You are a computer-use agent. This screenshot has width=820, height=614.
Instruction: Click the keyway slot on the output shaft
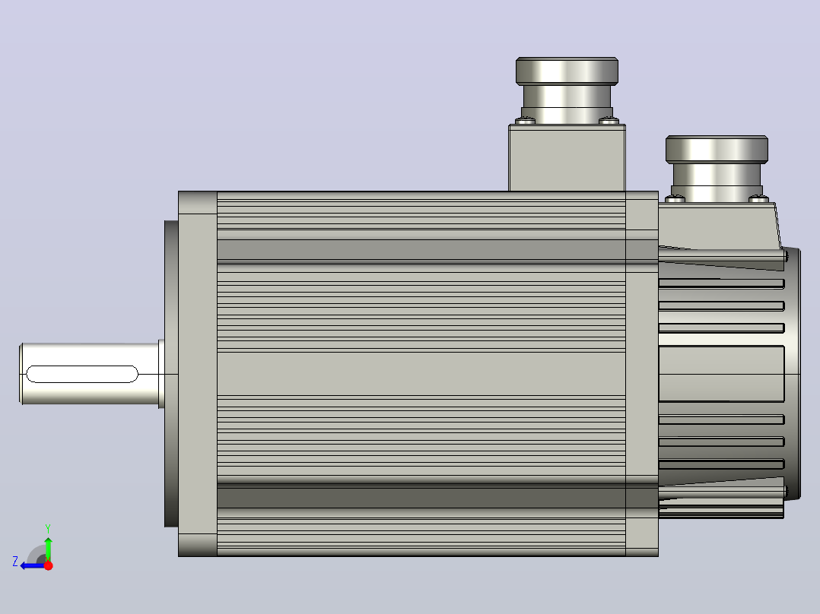[82, 374]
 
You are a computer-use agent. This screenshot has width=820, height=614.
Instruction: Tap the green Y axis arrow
[48, 548]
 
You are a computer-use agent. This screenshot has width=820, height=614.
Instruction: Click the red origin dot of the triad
[48, 565]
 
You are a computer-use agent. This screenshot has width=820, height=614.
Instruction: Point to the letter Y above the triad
[48, 528]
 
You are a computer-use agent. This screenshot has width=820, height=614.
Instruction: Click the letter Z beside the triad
[15, 562]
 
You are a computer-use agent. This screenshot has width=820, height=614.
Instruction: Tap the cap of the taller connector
[567, 71]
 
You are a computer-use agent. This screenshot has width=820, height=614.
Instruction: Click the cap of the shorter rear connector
[717, 149]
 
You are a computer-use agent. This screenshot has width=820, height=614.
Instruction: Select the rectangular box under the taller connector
[567, 157]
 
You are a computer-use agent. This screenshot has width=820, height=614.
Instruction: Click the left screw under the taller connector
[526, 122]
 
